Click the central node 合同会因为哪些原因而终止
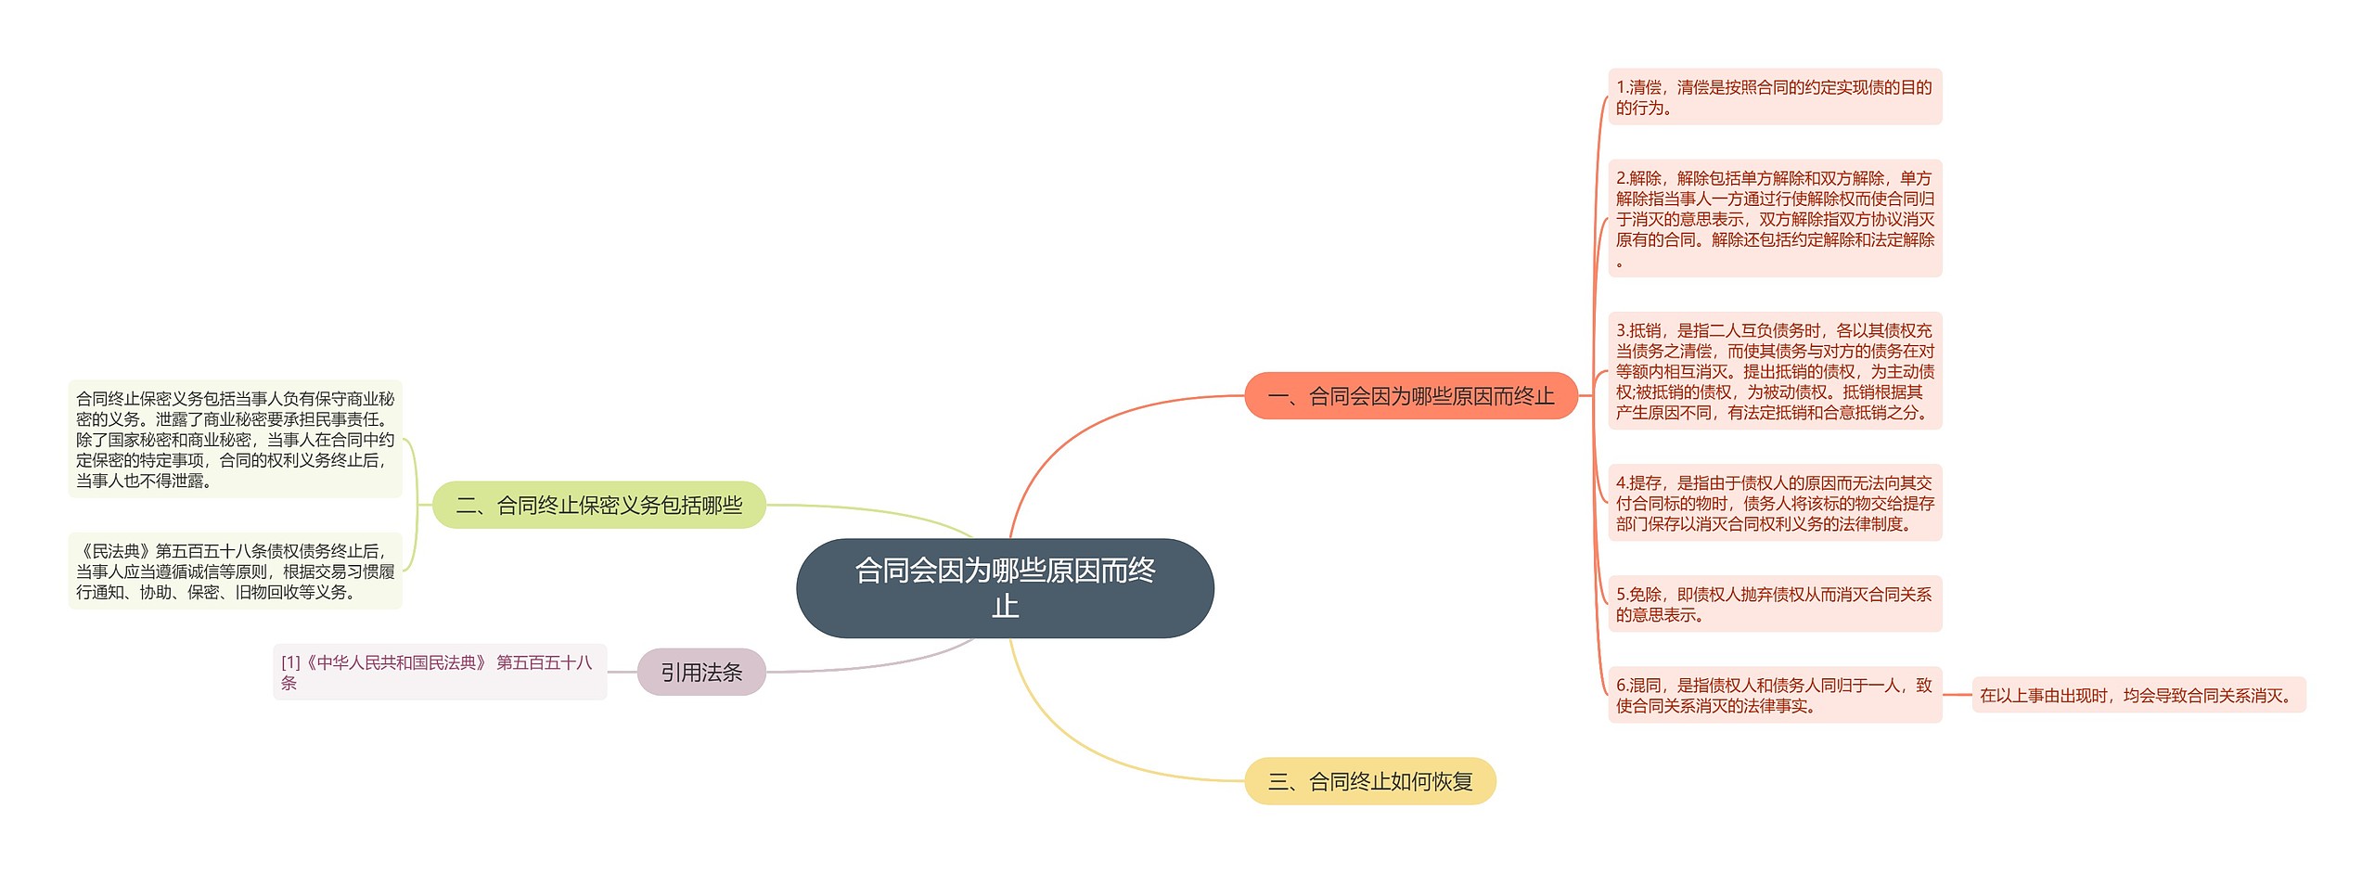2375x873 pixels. coord(1005,588)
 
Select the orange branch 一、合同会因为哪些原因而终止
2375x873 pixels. coord(1410,396)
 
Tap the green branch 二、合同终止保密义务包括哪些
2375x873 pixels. coord(599,505)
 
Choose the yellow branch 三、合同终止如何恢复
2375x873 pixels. coord(1369,781)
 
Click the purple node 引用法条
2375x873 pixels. coord(701,672)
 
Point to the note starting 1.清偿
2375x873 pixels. coord(1774,96)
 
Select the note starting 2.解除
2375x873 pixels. coord(1774,218)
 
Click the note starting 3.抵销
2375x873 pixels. coord(1774,371)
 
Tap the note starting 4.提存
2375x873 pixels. coord(1774,503)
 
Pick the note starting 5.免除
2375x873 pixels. coord(1774,604)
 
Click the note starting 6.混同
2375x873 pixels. coord(1774,695)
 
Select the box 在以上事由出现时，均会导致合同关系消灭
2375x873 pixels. coord(2137,695)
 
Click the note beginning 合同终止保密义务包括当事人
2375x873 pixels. coord(235,439)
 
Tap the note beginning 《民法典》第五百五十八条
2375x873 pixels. coord(235,571)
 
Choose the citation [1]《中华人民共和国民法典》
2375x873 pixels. coord(439,672)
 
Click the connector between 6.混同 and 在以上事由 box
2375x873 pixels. coord(1957,695)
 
